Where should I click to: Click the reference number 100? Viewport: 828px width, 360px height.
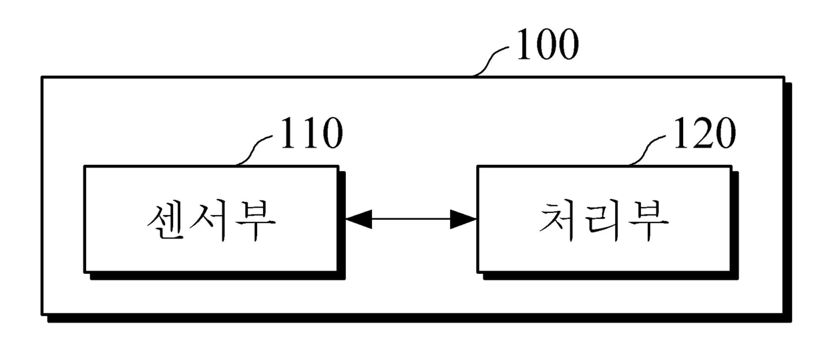548,44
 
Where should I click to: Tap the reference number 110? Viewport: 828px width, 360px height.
312,133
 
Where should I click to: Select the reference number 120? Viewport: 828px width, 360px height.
704,133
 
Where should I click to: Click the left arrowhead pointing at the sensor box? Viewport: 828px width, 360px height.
359,219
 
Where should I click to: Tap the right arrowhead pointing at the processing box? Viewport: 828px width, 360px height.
463,219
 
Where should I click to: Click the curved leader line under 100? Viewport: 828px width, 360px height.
490,61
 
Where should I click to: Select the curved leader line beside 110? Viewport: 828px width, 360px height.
254,150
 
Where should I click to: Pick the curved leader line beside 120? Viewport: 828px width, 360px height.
647,150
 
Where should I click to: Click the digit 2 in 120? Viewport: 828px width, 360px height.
704,133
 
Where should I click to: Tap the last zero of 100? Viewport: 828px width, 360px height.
568,44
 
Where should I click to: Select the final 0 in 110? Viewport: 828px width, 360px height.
332,134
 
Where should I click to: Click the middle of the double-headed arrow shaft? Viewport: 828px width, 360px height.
411,219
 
